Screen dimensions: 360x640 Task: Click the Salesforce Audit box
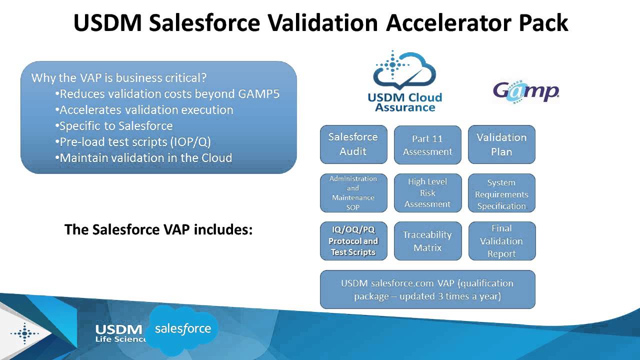point(353,144)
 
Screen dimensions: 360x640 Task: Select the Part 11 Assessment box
point(427,145)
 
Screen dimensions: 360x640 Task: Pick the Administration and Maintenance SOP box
point(353,193)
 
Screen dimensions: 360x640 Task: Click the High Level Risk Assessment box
point(427,193)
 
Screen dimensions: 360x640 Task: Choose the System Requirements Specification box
point(501,193)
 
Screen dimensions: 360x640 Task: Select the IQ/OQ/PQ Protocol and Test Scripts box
point(353,241)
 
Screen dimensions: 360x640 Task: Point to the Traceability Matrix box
point(427,241)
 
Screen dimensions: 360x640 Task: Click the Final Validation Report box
point(501,241)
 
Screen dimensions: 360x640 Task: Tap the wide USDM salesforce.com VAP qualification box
point(427,289)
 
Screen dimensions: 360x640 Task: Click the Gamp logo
point(525,91)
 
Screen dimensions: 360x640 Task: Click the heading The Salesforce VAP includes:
point(158,230)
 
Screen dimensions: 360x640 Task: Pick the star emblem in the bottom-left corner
point(24,333)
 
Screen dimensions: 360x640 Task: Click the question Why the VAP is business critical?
point(119,78)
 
